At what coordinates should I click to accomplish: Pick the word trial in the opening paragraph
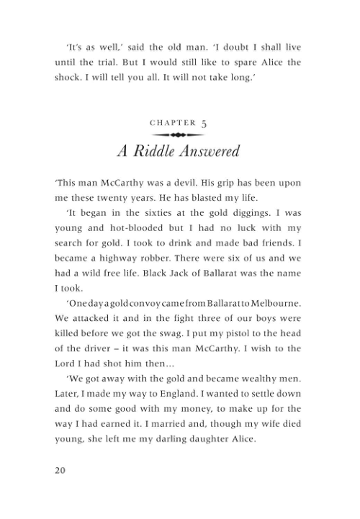pos(112,63)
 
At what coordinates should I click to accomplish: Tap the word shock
pos(68,78)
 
